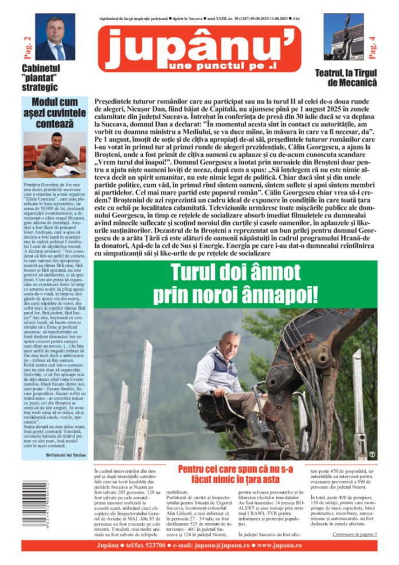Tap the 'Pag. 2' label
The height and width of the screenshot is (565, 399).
click(x=26, y=46)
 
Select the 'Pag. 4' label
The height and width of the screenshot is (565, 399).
click(x=373, y=46)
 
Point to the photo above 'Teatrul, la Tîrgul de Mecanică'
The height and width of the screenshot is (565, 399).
click(x=343, y=37)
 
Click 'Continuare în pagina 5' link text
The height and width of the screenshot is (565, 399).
click(x=355, y=534)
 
